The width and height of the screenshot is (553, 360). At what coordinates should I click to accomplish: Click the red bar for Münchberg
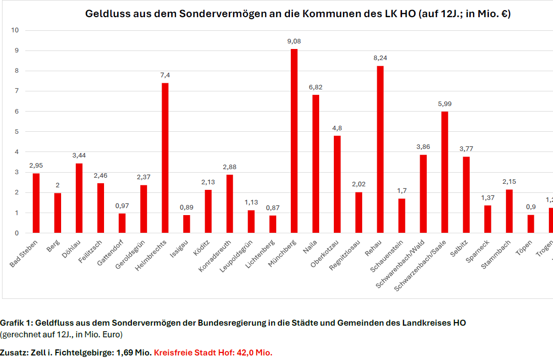(x=294, y=141)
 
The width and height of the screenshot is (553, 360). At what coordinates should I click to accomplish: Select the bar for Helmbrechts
(x=165, y=158)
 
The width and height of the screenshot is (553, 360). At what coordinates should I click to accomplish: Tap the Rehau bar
(x=380, y=149)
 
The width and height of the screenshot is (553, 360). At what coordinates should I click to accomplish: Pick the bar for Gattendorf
(x=122, y=223)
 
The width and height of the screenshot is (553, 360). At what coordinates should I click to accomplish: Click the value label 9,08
(x=294, y=41)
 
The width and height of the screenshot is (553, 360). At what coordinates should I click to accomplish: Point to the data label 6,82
(x=316, y=87)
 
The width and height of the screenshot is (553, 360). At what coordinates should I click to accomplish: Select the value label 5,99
(x=444, y=104)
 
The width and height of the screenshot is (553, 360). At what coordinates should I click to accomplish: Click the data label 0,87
(x=273, y=208)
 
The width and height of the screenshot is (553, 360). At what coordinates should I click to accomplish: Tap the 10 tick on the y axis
(x=15, y=30)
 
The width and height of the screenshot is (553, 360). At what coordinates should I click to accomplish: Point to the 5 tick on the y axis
(x=17, y=132)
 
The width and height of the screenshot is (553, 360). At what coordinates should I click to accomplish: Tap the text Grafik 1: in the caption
(x=17, y=323)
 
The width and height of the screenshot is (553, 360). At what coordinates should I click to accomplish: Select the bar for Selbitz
(x=466, y=195)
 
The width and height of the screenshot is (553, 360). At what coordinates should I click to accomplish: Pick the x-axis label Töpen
(x=524, y=248)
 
